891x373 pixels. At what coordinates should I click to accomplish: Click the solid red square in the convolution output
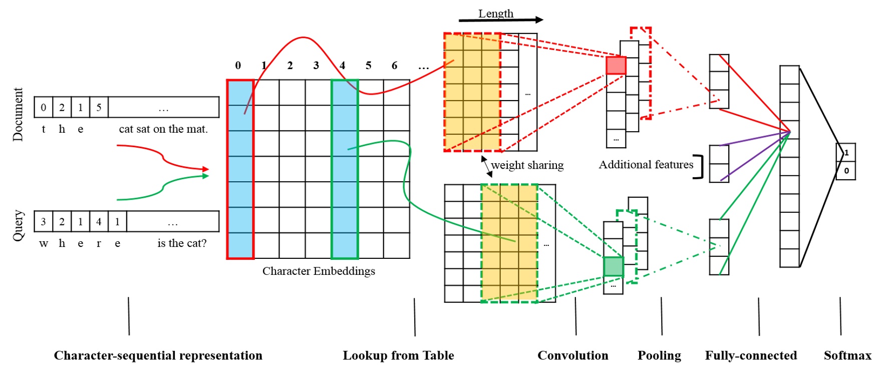(x=616, y=66)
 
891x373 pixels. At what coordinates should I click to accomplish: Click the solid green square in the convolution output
(x=614, y=266)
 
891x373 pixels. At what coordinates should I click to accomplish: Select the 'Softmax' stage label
(x=847, y=355)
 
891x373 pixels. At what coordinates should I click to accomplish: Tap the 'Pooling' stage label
(x=659, y=355)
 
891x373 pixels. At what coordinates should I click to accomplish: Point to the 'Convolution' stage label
(x=572, y=355)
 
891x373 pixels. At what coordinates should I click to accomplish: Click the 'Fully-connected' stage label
(x=751, y=355)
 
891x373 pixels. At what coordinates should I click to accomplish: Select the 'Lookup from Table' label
(x=398, y=355)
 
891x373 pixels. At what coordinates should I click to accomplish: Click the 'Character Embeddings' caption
(x=319, y=271)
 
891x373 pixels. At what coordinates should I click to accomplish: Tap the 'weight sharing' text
(x=527, y=165)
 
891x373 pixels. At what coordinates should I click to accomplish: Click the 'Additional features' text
(x=646, y=164)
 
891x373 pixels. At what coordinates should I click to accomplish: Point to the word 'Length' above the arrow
(x=496, y=14)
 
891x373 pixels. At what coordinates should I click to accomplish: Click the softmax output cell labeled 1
(x=846, y=153)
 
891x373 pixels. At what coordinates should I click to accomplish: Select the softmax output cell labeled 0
(x=846, y=171)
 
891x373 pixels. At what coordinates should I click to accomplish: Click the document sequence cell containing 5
(x=99, y=107)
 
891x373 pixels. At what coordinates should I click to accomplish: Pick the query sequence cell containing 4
(x=99, y=221)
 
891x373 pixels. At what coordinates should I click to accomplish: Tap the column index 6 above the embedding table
(x=394, y=66)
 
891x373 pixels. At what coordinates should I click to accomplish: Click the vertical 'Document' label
(x=18, y=114)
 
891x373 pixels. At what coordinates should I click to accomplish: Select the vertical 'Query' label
(x=18, y=225)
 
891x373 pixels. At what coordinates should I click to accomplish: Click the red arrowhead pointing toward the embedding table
(x=205, y=169)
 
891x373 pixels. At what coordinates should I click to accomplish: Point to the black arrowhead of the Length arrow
(x=538, y=20)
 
